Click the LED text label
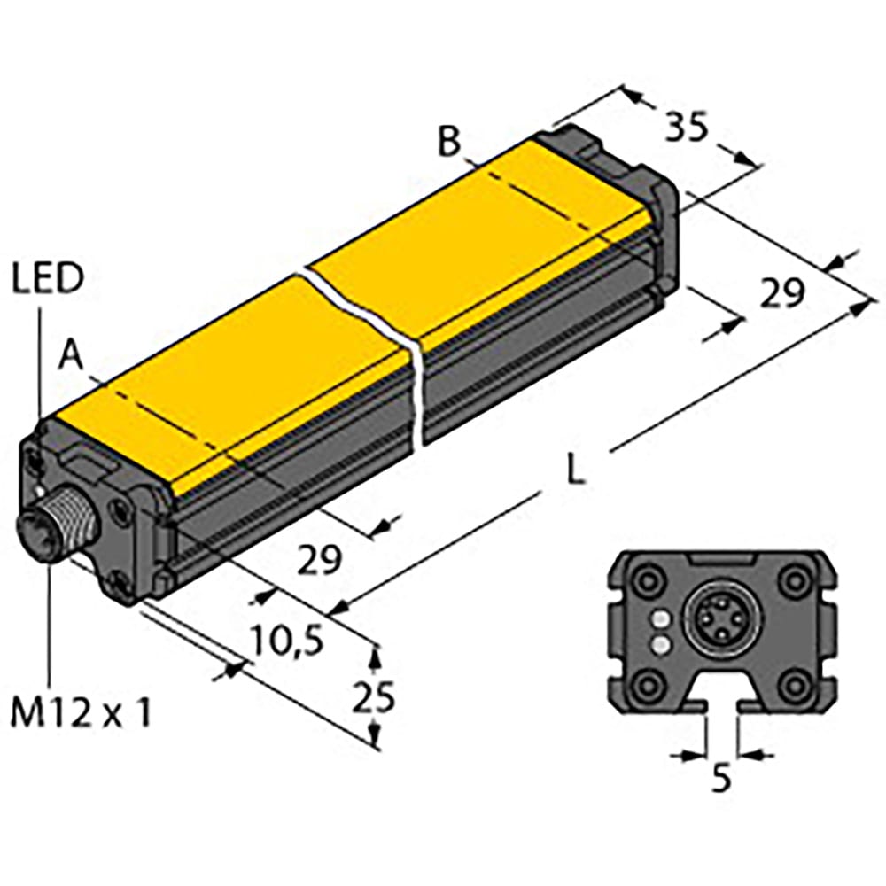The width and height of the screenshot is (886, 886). (48, 279)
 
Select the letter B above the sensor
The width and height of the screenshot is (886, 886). (451, 141)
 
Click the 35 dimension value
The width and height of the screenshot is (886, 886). (688, 128)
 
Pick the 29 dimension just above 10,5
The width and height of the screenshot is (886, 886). (319, 559)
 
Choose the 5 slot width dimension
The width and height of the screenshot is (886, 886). (722, 780)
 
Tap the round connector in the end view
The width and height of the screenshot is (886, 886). (717, 626)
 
